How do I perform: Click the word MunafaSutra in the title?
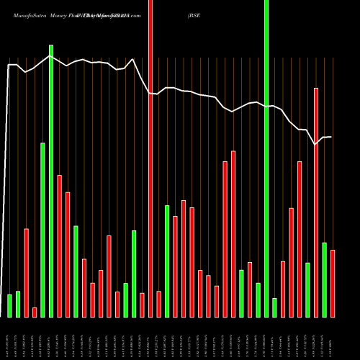(x=25, y=14)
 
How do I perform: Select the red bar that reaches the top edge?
(x=150, y=158)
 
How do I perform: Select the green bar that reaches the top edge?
(x=266, y=158)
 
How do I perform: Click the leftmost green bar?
(x=9, y=305)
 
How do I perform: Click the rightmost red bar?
(x=333, y=283)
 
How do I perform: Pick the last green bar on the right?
(x=324, y=279)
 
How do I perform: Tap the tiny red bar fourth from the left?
(x=35, y=312)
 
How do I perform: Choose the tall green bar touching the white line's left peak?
(x=51, y=180)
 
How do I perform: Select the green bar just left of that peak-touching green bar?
(x=42, y=230)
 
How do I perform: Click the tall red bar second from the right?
(x=316, y=202)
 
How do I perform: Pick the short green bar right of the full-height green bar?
(x=274, y=307)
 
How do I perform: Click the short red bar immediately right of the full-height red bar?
(x=159, y=304)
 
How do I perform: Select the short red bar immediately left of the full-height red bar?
(x=142, y=305)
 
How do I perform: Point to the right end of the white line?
(x=331, y=137)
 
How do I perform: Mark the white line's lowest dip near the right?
(x=315, y=145)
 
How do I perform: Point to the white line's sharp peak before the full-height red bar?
(x=133, y=59)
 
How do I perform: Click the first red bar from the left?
(x=26, y=272)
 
